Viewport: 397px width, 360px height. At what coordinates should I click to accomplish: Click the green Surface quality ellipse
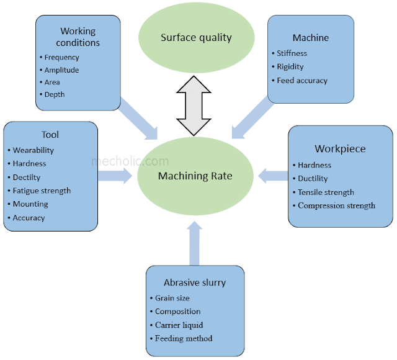196,37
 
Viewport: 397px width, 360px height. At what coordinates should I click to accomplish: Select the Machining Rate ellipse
195,176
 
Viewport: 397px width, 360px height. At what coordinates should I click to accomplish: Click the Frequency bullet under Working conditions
61,58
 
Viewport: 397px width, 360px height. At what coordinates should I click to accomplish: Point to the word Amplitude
61,70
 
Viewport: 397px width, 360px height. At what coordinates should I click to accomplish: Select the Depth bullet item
54,94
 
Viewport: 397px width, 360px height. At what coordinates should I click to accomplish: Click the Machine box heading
310,38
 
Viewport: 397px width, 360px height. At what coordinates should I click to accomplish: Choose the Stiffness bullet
292,53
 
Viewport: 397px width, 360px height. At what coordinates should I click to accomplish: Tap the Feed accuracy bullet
302,81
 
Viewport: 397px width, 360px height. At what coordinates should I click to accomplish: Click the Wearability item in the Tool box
33,150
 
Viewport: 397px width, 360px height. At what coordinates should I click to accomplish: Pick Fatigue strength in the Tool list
42,191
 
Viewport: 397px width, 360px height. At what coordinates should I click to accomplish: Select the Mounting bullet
30,204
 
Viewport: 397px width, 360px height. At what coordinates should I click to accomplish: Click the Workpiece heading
340,149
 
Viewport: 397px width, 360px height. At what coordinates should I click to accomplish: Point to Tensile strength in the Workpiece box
326,192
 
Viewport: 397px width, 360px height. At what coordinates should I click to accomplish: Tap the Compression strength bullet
336,205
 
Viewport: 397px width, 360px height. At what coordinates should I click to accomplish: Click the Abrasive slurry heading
195,282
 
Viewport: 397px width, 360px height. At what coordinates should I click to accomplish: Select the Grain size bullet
172,299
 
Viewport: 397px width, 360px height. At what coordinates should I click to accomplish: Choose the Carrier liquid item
179,325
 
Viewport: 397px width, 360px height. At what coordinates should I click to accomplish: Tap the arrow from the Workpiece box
270,176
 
